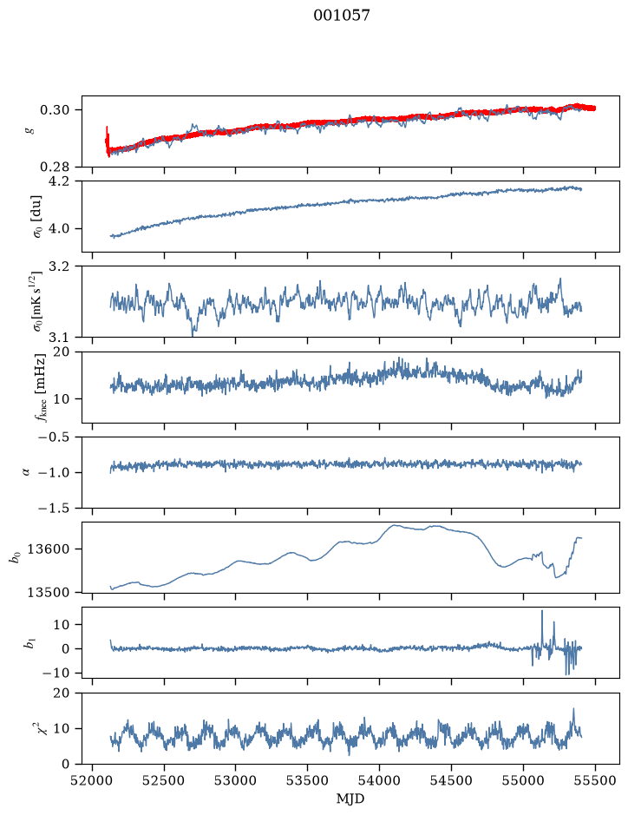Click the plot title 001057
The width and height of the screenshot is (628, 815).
[x=341, y=16]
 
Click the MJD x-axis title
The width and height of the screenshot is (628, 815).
[x=350, y=799]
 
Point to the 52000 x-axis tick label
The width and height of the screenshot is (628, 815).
[x=93, y=780]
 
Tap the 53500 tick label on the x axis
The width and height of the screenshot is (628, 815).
[x=308, y=780]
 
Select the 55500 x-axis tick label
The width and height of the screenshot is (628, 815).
[x=595, y=780]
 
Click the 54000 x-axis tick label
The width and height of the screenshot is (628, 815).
[x=379, y=780]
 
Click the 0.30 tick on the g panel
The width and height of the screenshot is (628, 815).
[x=54, y=109]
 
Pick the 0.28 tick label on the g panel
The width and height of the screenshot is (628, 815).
[x=54, y=167]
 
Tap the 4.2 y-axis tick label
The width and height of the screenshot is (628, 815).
[x=58, y=181]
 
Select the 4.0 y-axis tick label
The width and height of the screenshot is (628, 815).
[x=58, y=228]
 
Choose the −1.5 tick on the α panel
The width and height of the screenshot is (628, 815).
[x=54, y=508]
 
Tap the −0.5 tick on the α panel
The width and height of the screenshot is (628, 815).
[x=54, y=437]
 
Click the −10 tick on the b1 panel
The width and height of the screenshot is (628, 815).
[x=54, y=673]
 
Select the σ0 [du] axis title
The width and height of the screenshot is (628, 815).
[x=37, y=216]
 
